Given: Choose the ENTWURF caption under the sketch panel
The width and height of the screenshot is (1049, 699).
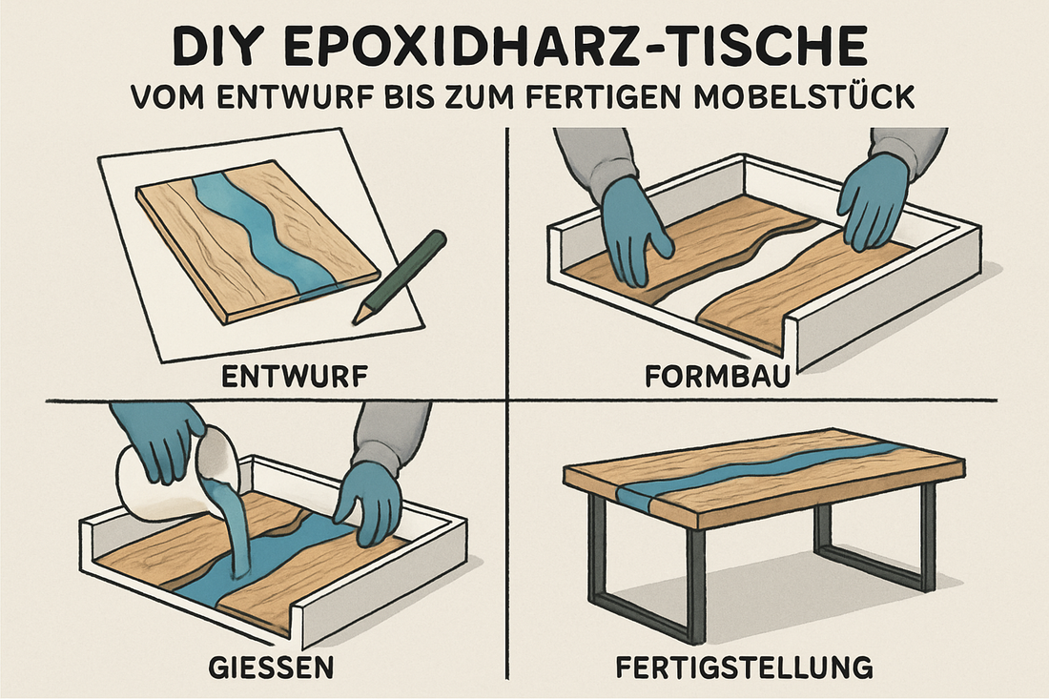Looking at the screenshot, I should coord(295,377).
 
